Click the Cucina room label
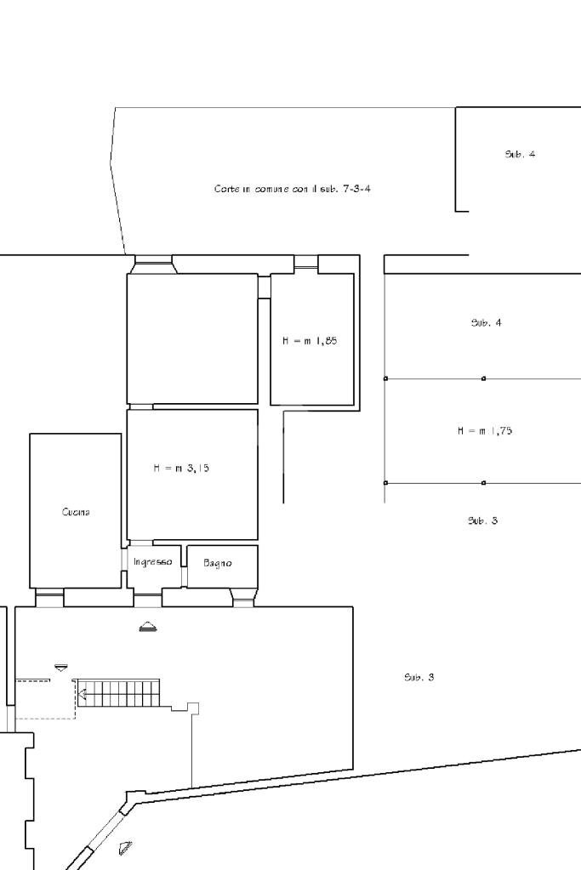click(76, 512)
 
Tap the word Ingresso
click(152, 562)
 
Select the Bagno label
click(218, 563)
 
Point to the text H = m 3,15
click(180, 468)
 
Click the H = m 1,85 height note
click(310, 340)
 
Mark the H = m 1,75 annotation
click(485, 431)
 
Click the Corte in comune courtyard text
click(292, 189)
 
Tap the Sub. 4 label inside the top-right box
click(520, 155)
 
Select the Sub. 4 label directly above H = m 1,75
click(486, 323)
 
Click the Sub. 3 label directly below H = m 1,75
click(482, 520)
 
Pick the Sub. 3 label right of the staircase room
click(419, 678)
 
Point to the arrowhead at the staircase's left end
click(83, 694)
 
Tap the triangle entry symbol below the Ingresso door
click(148, 628)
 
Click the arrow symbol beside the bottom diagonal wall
click(126, 847)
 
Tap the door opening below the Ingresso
click(148, 599)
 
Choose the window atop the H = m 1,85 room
click(306, 264)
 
